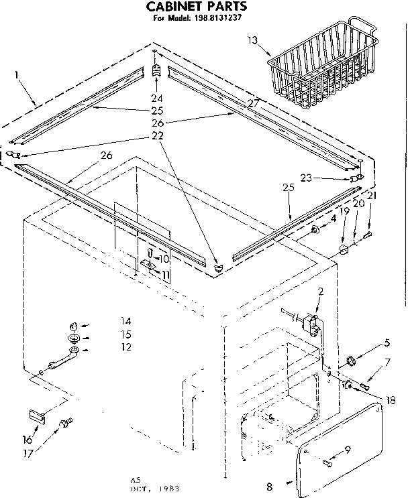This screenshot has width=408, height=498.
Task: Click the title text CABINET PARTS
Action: pos(197,7)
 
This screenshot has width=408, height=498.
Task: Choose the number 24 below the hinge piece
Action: pos(156,97)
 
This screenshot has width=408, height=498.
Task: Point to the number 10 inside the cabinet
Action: pos(164,259)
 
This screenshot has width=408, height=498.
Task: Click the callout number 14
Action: pos(125,321)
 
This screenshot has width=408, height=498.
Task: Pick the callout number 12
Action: pos(125,347)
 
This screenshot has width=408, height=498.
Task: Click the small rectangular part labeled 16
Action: pos(36,416)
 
